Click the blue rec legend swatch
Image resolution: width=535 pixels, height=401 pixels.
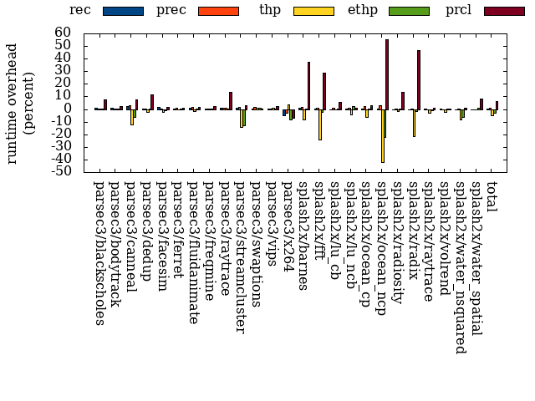pyautogui.click(x=123, y=11)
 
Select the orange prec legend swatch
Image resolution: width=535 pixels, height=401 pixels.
pyautogui.click(x=218, y=11)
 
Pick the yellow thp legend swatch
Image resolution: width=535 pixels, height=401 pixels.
pyautogui.click(x=314, y=11)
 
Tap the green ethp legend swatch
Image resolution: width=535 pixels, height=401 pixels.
pyautogui.click(x=410, y=11)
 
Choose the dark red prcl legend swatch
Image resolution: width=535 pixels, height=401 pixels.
pyautogui.click(x=505, y=11)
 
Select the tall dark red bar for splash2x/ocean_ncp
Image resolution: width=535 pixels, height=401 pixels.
pyautogui.click(x=387, y=74)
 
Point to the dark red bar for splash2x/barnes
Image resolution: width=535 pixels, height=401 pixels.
pyautogui.click(x=308, y=85)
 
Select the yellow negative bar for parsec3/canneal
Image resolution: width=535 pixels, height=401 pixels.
pyautogui.click(x=131, y=116)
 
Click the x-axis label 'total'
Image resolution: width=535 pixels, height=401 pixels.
pyautogui.click(x=492, y=194)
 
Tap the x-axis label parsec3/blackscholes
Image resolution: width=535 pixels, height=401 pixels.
pyautogui.click(x=99, y=251)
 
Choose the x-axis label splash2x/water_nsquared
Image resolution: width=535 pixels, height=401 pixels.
pyautogui.click(x=461, y=266)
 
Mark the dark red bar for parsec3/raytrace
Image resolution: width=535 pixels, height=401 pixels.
pyautogui.click(x=230, y=100)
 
